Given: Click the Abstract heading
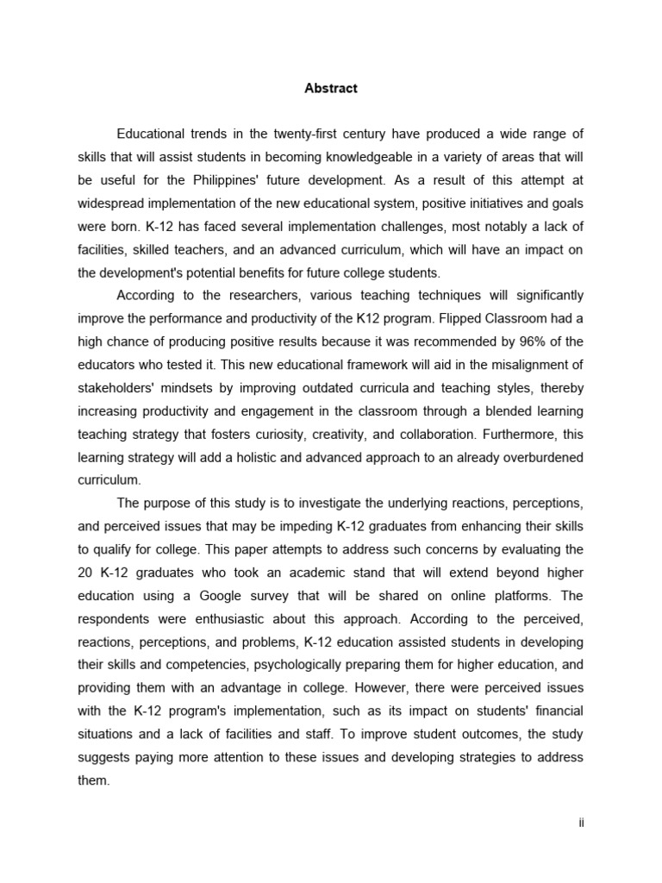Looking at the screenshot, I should tap(331, 88).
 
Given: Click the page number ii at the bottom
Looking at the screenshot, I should tap(582, 823).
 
